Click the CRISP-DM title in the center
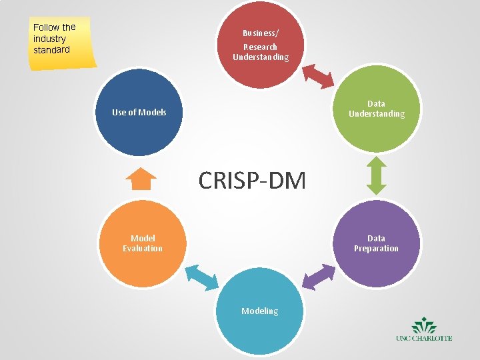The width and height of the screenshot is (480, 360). (x=252, y=180)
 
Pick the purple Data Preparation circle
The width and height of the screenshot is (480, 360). (x=377, y=243)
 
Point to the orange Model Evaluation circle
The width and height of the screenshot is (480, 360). (x=141, y=243)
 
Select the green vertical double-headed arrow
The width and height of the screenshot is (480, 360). (x=377, y=175)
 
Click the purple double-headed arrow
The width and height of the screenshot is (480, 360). (x=318, y=276)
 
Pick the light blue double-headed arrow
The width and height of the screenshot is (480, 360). (x=201, y=276)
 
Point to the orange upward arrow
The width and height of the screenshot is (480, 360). (x=141, y=179)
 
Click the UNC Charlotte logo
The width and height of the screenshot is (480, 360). (x=424, y=331)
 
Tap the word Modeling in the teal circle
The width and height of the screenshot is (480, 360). (x=260, y=311)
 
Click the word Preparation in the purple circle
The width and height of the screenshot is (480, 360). (x=376, y=249)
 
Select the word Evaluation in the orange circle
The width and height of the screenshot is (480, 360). (x=142, y=249)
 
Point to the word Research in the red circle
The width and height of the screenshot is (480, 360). (x=260, y=47)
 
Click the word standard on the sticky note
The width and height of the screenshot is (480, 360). (x=51, y=50)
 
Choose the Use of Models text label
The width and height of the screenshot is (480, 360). (x=139, y=112)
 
